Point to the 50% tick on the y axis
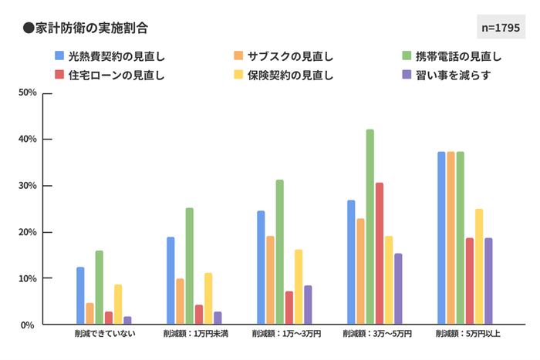click(x=28, y=93)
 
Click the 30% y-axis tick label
click(x=28, y=186)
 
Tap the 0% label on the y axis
click(x=29, y=325)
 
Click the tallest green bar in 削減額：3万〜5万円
click(x=370, y=227)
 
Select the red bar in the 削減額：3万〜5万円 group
click(x=379, y=254)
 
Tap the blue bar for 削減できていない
click(x=80, y=296)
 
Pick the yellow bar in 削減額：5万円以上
click(x=479, y=267)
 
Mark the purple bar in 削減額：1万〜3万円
click(x=308, y=305)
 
